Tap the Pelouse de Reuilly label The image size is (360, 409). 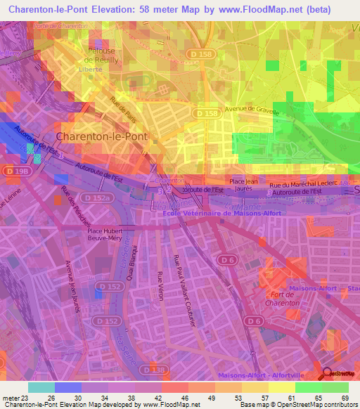click(105, 56)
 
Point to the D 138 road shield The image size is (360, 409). click(148, 369)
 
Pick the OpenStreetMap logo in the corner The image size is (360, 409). click(340, 376)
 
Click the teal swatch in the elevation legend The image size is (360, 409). click(41, 387)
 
